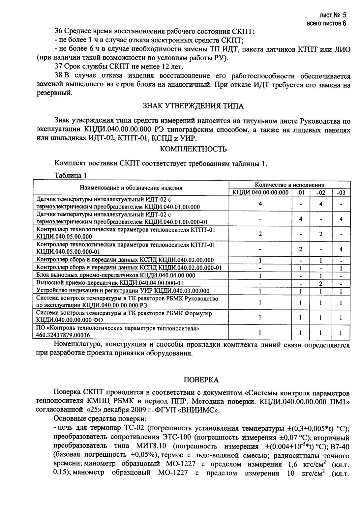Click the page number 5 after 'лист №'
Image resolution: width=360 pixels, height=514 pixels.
click(x=345, y=15)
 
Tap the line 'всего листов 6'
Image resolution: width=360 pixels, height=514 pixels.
click(x=326, y=23)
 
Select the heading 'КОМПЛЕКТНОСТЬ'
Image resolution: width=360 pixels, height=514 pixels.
click(x=193, y=149)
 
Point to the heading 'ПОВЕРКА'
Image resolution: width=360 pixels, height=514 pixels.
click(x=201, y=380)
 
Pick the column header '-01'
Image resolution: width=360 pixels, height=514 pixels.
click(x=300, y=192)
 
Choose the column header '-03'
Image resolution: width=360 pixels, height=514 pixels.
click(x=341, y=192)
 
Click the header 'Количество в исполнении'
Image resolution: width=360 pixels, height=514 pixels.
click(x=289, y=185)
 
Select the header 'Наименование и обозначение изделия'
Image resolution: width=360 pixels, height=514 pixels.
click(x=131, y=188)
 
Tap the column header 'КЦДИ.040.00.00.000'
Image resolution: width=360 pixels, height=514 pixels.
click(x=260, y=192)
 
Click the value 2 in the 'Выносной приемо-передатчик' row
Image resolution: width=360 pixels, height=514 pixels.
click(x=320, y=283)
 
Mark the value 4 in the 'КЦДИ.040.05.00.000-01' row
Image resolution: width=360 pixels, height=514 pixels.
click(x=341, y=249)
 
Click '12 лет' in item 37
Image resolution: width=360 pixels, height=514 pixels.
click(x=172, y=67)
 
